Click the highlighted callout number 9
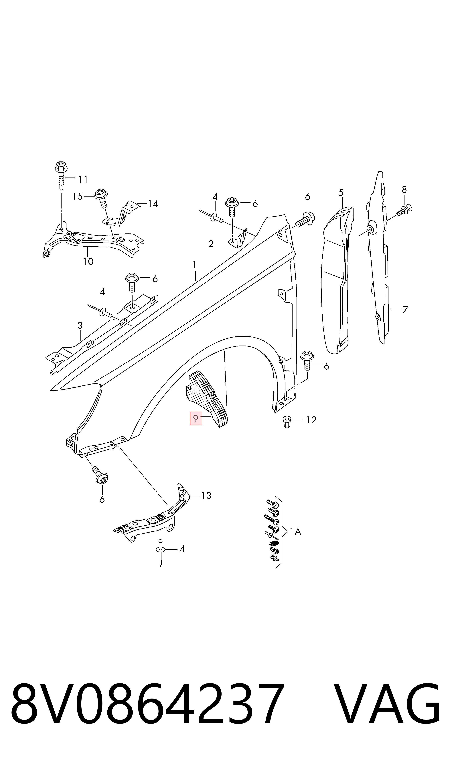196,418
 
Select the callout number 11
83,180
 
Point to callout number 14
153,203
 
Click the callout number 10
88,261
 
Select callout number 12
311,420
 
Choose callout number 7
405,310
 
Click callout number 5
341,192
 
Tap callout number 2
211,244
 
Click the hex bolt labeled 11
61,175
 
